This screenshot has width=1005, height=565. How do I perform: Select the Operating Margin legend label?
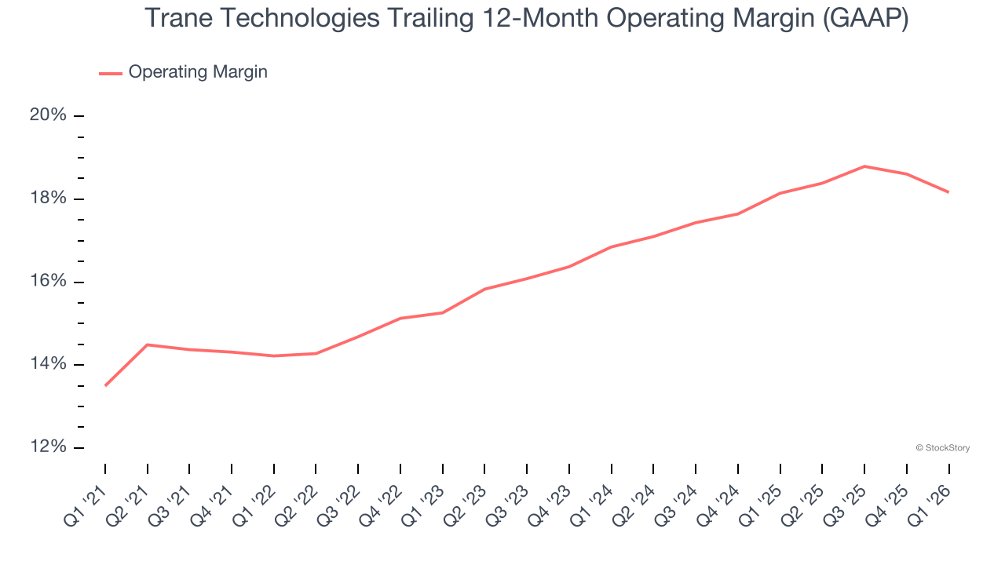pos(198,72)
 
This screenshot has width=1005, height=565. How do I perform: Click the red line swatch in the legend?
pos(111,73)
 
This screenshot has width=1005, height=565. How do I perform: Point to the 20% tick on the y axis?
pos(79,116)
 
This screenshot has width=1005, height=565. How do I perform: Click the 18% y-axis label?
pos(48,199)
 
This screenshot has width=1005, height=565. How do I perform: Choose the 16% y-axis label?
pos(48,282)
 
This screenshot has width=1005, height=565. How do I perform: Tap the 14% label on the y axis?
pos(48,364)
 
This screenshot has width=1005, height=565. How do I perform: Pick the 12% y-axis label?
pos(48,447)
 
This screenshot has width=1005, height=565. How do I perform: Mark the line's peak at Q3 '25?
pos(864,166)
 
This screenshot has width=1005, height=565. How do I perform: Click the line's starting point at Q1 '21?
pos(105,385)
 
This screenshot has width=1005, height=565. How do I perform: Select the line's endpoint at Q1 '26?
pos(948,192)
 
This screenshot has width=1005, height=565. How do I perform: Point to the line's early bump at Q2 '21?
pos(148,344)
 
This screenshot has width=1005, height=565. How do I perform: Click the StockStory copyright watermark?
pos(942,448)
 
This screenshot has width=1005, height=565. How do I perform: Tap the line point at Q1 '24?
pos(611,247)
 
